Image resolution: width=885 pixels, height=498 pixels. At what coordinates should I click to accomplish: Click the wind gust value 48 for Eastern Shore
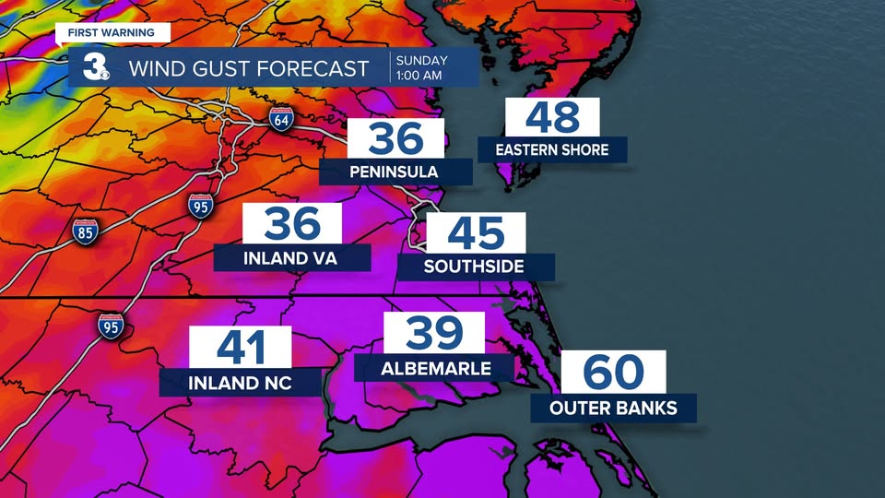click(553, 118)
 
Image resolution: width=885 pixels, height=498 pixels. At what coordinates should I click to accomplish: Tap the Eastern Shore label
click(552, 149)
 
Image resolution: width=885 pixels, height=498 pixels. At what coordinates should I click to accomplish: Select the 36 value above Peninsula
click(395, 139)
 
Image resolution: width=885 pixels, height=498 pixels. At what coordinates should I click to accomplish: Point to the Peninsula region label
click(395, 172)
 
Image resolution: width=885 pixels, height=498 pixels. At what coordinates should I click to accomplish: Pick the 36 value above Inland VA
click(292, 224)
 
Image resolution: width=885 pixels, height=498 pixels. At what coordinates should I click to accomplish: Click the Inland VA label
click(290, 258)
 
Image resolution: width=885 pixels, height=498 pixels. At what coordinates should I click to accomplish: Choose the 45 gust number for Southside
click(476, 233)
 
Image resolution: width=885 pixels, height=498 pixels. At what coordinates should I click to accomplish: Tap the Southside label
click(474, 267)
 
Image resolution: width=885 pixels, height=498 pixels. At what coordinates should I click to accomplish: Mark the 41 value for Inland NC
click(241, 348)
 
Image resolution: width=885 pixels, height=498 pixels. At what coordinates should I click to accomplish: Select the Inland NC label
click(241, 382)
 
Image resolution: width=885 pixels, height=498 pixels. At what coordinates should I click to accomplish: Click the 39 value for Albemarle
click(434, 334)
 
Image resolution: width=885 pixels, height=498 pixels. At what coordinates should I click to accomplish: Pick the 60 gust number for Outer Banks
click(614, 373)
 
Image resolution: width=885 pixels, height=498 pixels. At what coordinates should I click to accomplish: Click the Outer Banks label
click(613, 408)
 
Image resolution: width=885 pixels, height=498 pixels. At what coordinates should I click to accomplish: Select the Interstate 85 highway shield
click(86, 231)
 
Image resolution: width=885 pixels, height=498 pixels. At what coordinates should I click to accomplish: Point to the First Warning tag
click(112, 32)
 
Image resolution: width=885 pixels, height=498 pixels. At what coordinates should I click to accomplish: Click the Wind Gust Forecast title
click(248, 68)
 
